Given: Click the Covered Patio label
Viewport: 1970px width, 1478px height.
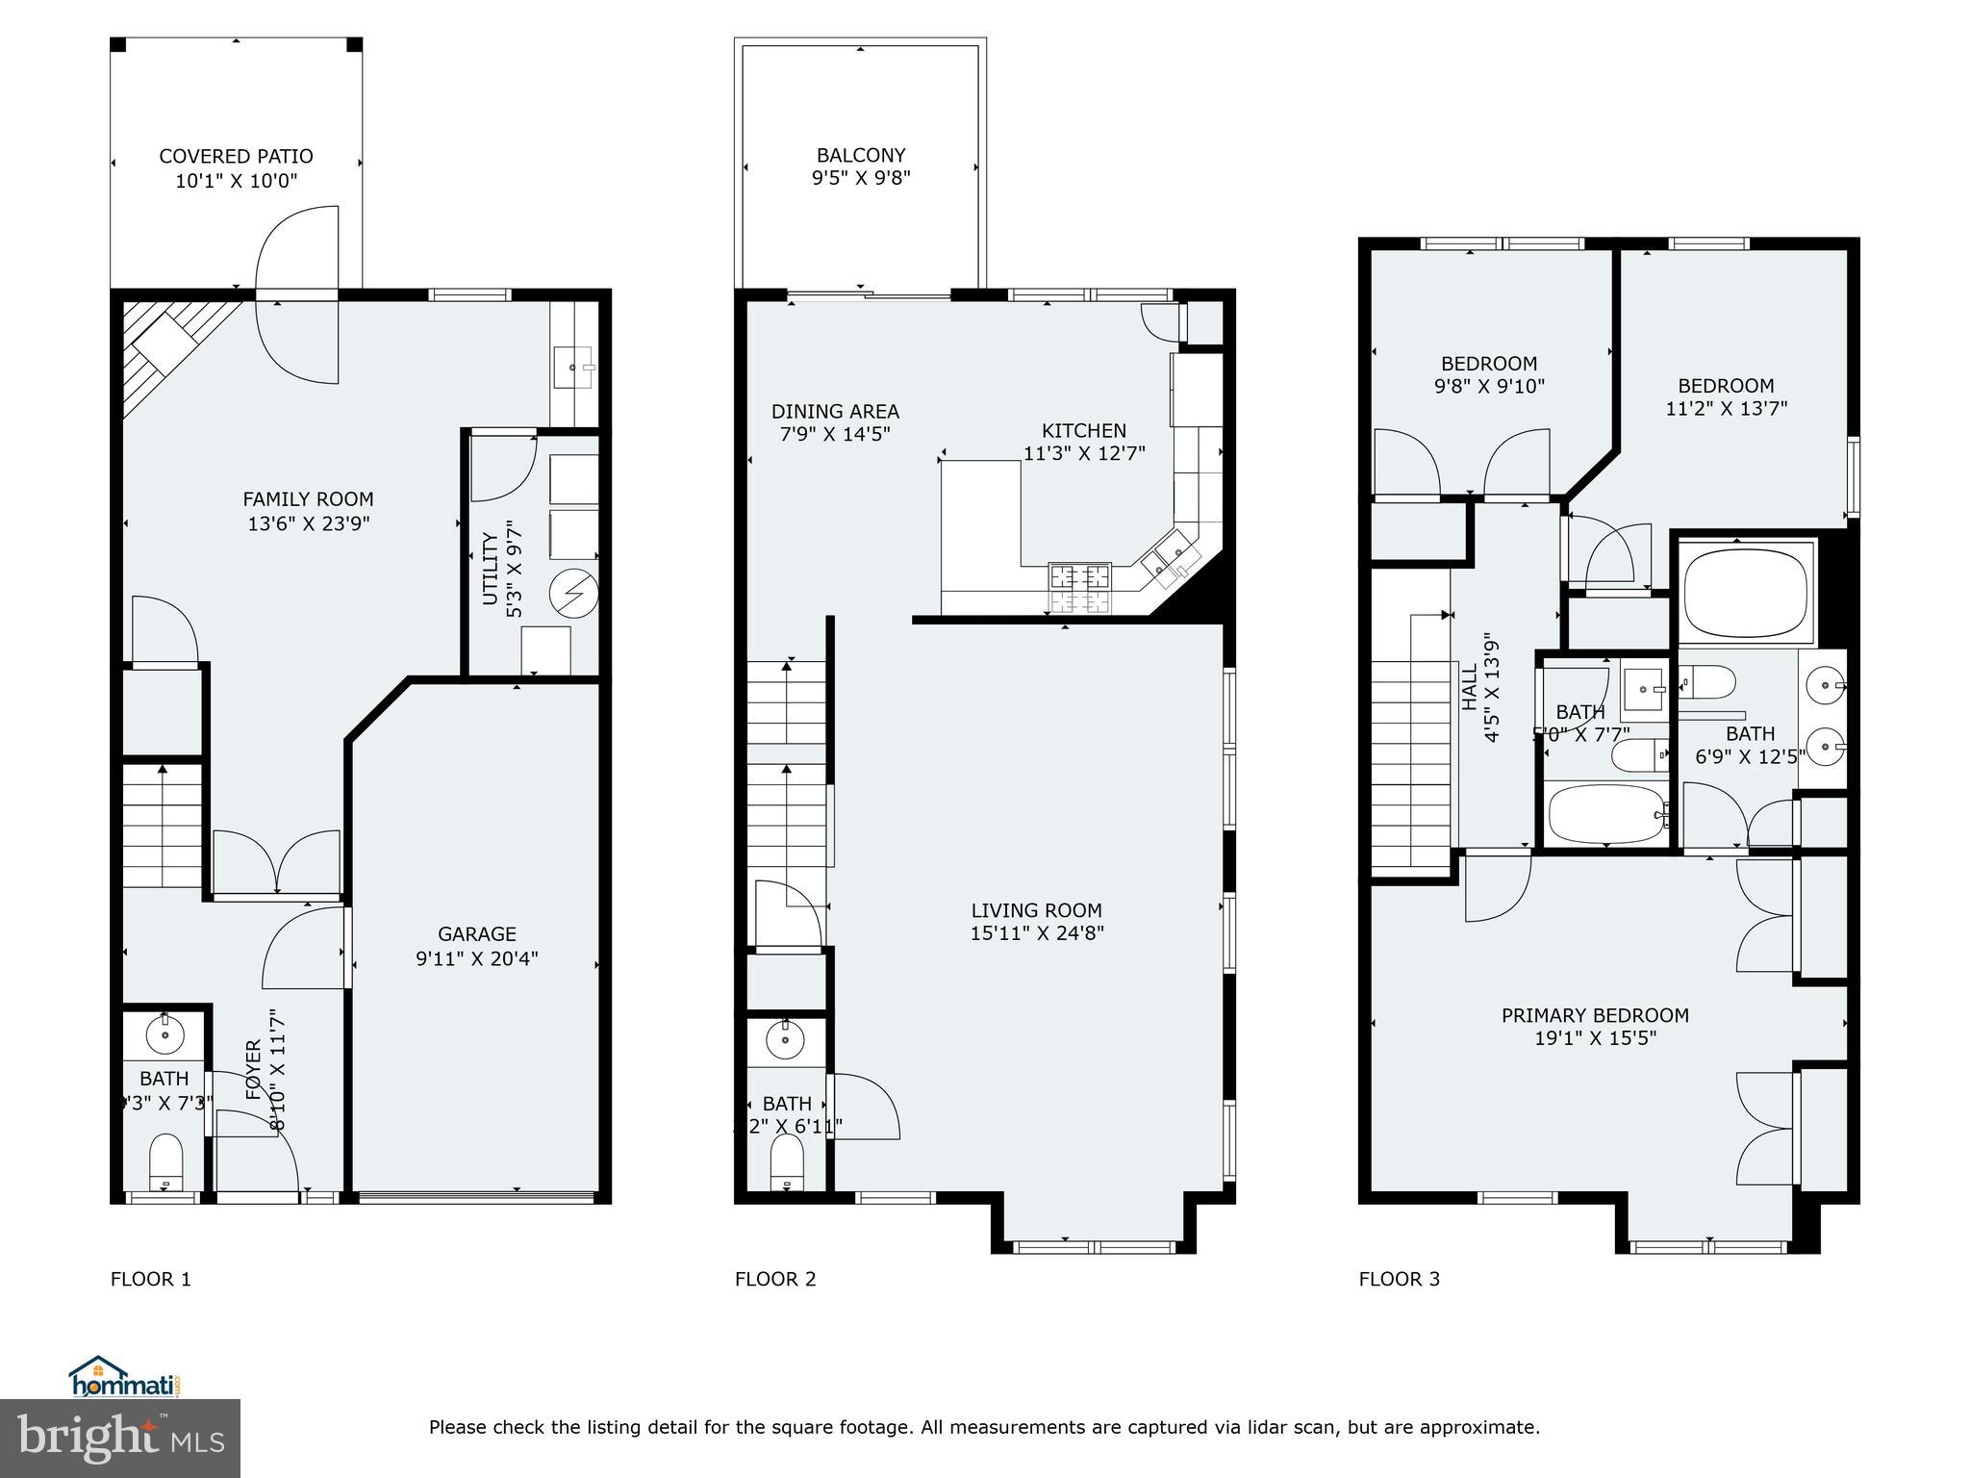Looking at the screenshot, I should (x=236, y=156).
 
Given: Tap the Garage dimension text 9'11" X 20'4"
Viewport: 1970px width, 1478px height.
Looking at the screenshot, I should (x=477, y=958).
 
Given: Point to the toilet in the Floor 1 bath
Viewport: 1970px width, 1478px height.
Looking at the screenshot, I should (x=166, y=1162).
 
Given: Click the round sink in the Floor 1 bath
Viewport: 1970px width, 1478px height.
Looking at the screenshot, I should (x=164, y=1035).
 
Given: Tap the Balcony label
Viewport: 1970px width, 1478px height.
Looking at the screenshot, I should (x=861, y=155).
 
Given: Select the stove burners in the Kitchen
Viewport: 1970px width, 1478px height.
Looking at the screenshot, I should (x=1079, y=589).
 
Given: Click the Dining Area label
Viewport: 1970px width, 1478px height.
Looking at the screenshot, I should (x=835, y=412).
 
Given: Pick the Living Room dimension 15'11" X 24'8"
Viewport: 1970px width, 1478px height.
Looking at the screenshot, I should (x=1037, y=932).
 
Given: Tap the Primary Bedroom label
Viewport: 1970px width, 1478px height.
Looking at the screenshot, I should (x=1595, y=1015).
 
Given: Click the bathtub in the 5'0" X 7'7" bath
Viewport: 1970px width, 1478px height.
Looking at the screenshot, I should (x=1605, y=814).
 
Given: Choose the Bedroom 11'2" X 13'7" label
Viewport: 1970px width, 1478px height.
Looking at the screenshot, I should (x=1726, y=386).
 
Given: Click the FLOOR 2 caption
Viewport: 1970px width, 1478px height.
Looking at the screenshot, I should (x=775, y=1279).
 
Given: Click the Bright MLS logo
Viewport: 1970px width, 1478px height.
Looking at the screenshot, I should (x=120, y=1438).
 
